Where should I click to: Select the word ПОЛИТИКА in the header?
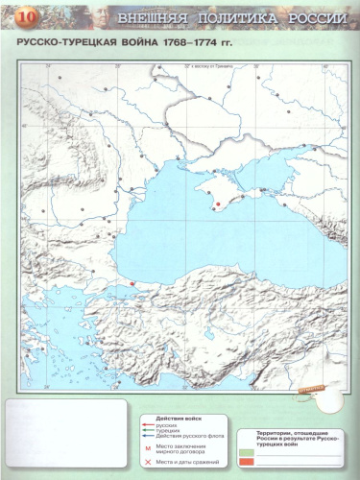(x=234, y=18)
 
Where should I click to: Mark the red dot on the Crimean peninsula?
(x=218, y=204)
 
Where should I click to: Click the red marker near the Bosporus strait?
(x=131, y=283)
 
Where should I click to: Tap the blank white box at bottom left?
(x=60, y=441)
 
